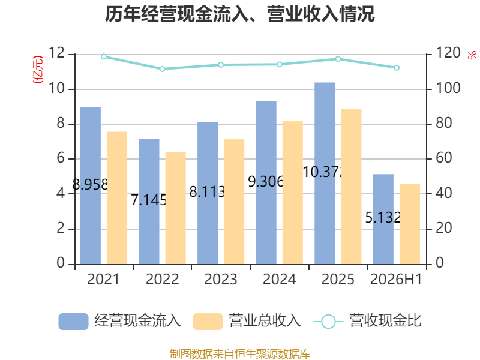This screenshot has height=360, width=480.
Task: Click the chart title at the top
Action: [x=239, y=14]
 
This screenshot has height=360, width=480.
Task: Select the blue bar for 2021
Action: [x=91, y=186]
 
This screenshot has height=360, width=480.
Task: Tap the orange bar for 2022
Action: [x=175, y=208]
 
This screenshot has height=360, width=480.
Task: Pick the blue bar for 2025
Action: [x=325, y=173]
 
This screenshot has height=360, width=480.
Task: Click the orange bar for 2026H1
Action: [x=410, y=224]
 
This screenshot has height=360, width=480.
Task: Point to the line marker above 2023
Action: [x=221, y=65]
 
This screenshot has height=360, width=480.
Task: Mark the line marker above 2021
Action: [x=104, y=56]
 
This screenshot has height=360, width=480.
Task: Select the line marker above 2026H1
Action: [x=397, y=68]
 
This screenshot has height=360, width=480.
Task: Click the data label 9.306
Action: [x=266, y=182]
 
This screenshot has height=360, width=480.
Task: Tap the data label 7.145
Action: [x=149, y=200]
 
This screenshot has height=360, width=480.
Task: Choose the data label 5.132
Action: [x=383, y=218]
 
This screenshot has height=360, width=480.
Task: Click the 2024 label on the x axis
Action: [x=279, y=280]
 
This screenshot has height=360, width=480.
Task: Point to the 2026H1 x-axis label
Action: [x=396, y=280]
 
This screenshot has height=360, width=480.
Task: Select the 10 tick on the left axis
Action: [x=56, y=88]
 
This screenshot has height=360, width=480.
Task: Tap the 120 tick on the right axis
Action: [x=448, y=53]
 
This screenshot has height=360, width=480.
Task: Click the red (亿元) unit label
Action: [x=38, y=70]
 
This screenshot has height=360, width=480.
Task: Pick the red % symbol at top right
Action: [x=472, y=55]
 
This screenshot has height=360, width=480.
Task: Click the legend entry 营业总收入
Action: [x=247, y=321]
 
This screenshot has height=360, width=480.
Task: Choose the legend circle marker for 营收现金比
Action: [x=328, y=322]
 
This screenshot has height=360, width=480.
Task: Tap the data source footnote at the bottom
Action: [x=239, y=354]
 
